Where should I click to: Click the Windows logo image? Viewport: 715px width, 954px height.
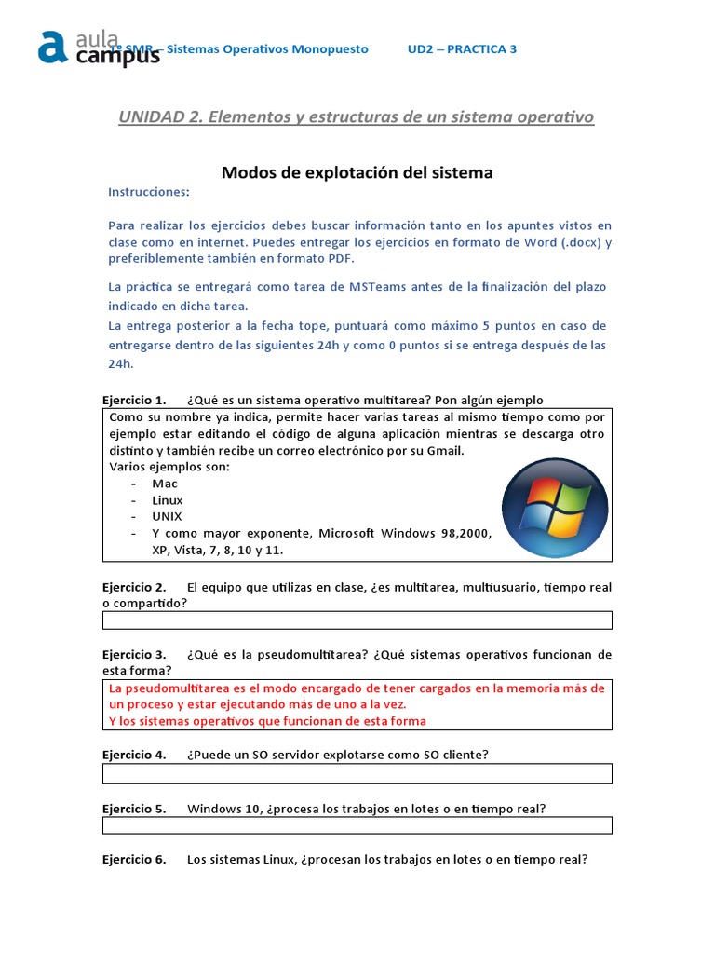[555, 509]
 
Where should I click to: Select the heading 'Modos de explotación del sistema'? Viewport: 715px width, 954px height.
[357, 172]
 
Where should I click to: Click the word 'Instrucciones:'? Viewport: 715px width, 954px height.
[149, 192]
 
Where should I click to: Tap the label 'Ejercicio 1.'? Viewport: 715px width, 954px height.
[134, 400]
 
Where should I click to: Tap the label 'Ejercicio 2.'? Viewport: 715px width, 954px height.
[134, 588]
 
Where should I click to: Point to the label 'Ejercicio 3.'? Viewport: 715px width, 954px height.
[134, 654]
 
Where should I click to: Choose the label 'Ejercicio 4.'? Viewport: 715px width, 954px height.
[134, 755]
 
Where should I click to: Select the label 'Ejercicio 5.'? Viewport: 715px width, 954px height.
[134, 809]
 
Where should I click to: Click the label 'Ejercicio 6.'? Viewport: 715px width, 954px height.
[134, 860]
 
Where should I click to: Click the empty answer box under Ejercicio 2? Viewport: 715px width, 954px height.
[357, 620]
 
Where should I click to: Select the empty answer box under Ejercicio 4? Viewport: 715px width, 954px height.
[357, 773]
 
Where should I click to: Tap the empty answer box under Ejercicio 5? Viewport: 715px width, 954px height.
[357, 825]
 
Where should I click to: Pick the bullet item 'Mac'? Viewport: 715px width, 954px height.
[165, 484]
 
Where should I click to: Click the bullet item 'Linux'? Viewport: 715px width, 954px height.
[168, 500]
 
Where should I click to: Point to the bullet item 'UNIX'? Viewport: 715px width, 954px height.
[168, 516]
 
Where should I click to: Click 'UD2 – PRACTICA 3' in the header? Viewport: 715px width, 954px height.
[462, 49]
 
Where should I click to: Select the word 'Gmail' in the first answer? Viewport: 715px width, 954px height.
[442, 451]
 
